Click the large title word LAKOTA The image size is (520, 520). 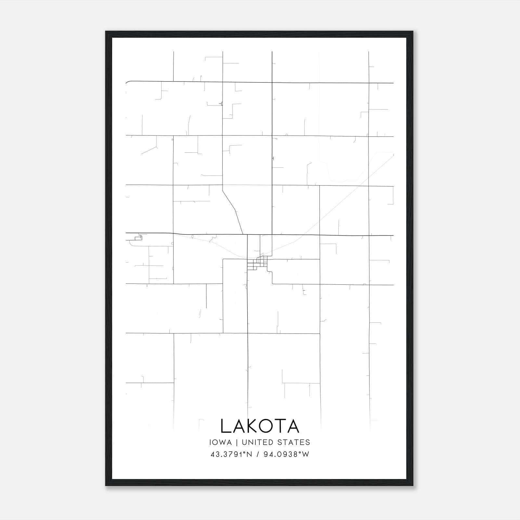tap(260, 426)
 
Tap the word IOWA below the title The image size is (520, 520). tap(221, 442)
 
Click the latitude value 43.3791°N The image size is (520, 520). tap(231, 454)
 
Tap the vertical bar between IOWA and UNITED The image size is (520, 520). tap(237, 442)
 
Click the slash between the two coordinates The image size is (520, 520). tap(258, 454)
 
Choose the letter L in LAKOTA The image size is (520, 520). tap(225, 426)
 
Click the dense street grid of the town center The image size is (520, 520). tap(257, 263)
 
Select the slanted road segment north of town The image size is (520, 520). tap(233, 210)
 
